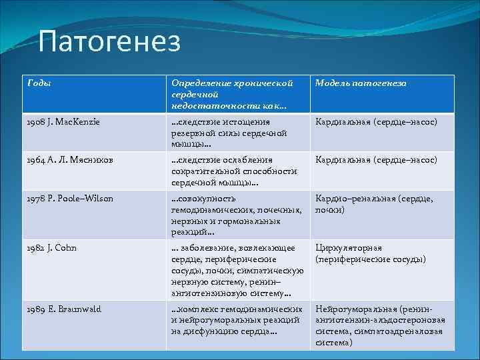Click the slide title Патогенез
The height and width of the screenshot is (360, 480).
[x=109, y=43]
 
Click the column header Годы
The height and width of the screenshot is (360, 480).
[x=39, y=83]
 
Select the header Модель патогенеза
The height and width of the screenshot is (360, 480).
[x=360, y=83]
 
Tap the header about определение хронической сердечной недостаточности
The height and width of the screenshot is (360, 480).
[x=232, y=93]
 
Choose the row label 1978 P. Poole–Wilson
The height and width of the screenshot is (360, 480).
[x=70, y=199]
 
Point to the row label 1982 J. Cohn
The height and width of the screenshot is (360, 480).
[x=52, y=247]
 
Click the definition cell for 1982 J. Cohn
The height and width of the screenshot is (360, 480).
[x=237, y=270]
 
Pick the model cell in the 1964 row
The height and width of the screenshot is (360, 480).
[x=376, y=161]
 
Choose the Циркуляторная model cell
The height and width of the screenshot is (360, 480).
[x=371, y=253]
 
